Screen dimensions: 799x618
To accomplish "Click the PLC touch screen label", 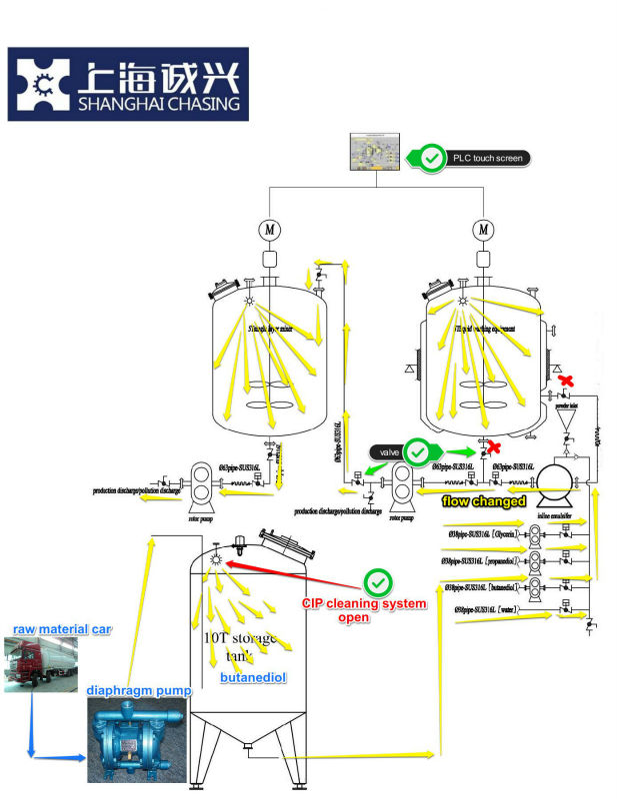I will coord(488,158).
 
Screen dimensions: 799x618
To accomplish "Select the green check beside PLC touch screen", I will coord(432,158).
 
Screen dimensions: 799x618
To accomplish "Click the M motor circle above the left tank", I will coord(269,230).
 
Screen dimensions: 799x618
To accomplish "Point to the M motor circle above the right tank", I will coord(485,230).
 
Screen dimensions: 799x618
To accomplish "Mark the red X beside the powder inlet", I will coord(566,381).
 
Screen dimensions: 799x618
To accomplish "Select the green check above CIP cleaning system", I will coord(378,582).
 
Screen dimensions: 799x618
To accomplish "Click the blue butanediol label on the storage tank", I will coord(255,676).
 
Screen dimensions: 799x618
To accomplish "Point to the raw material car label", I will coord(62,629).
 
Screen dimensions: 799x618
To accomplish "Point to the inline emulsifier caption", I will coord(554,515).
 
